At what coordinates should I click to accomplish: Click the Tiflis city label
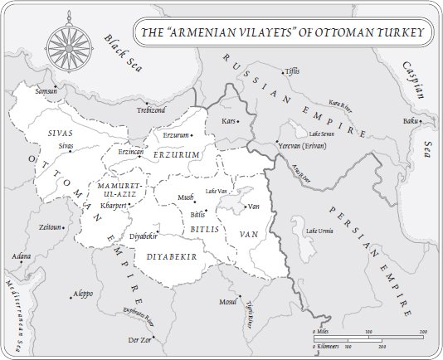tap(290, 72)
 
